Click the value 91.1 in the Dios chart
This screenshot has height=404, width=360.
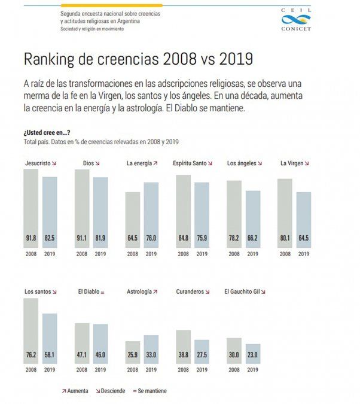click(82, 238)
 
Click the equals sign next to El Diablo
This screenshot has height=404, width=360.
click(102, 292)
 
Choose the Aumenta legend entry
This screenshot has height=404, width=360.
click(75, 391)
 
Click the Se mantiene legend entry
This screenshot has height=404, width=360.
click(150, 391)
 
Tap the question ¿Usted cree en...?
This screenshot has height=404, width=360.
click(45, 132)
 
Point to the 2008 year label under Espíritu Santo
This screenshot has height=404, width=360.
click(184, 253)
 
